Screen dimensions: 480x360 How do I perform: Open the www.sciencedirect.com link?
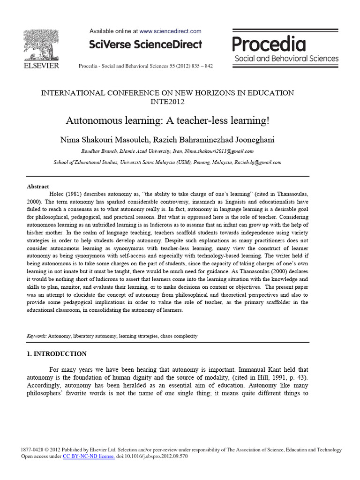pyautogui.click(x=171, y=31)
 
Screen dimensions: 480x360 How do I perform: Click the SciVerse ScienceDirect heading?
pyautogui.click(x=146, y=45)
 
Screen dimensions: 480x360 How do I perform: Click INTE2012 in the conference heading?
pyautogui.click(x=168, y=101)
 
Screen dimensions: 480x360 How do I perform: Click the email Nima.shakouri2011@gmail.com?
pyautogui.click(x=219, y=151)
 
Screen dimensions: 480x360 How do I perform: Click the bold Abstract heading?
pyautogui.click(x=38, y=186)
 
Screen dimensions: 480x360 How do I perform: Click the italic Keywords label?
pyautogui.click(x=37, y=336)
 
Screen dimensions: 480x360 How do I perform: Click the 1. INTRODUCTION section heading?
pyautogui.click(x=56, y=353)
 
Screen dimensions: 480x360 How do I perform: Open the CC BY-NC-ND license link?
pyautogui.click(x=89, y=456)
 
